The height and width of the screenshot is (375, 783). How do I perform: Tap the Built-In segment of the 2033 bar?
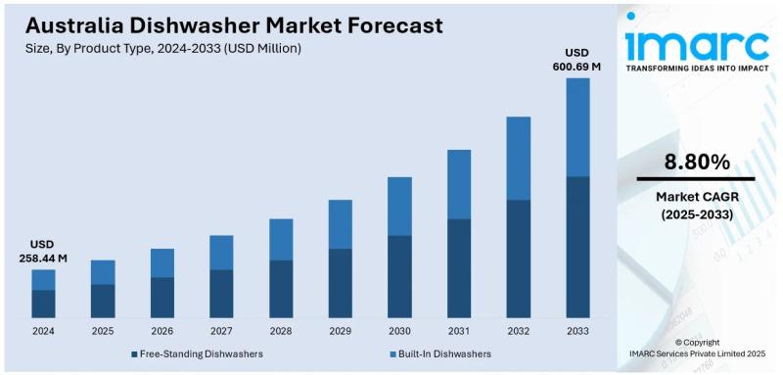coord(578,127)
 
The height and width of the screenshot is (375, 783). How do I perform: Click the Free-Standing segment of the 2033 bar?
coord(578,247)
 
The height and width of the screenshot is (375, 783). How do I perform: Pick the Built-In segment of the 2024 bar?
coord(43,279)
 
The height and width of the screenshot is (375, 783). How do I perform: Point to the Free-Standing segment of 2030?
coord(399,276)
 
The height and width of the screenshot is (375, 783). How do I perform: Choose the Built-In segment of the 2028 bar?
coord(281,239)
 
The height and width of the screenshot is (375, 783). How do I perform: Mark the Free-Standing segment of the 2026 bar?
coord(162,297)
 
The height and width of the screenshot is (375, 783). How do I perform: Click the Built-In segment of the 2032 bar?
coord(519,159)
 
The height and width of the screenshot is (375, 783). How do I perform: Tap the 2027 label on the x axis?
coord(221,331)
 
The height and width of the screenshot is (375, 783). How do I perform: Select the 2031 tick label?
coord(459,331)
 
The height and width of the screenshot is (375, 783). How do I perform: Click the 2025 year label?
coord(103,331)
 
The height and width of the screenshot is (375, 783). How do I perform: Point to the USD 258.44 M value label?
coord(43,251)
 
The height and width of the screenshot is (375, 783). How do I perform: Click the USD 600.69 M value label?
coord(578,59)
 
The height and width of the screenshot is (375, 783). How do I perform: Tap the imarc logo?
coord(697,44)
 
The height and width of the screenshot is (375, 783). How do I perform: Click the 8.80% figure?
coord(697,161)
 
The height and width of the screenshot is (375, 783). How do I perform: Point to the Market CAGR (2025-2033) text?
coord(697,206)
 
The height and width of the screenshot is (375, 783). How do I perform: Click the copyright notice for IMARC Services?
coord(697,348)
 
